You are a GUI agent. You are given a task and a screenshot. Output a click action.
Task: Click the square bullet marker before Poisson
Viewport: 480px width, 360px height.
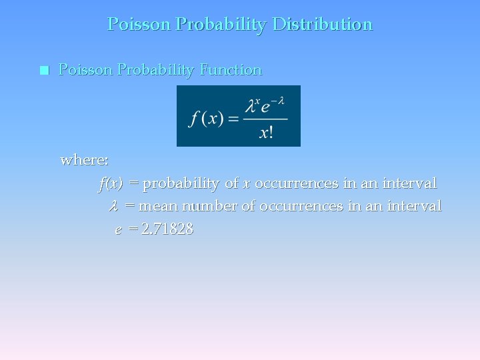[45, 70]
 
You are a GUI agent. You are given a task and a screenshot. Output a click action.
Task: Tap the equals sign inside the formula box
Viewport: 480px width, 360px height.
[233, 120]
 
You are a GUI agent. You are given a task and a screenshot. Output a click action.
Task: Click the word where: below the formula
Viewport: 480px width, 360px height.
[85, 160]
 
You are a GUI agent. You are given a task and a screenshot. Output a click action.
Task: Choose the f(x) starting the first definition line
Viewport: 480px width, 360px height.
[111, 183]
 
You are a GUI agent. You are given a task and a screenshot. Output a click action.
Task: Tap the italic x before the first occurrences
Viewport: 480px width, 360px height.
[247, 183]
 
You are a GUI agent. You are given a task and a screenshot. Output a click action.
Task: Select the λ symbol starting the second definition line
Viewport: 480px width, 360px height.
[113, 206]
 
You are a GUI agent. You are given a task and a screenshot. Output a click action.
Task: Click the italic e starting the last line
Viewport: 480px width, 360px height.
[118, 230]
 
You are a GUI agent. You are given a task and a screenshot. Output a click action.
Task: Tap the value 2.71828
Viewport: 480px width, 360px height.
[167, 229]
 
